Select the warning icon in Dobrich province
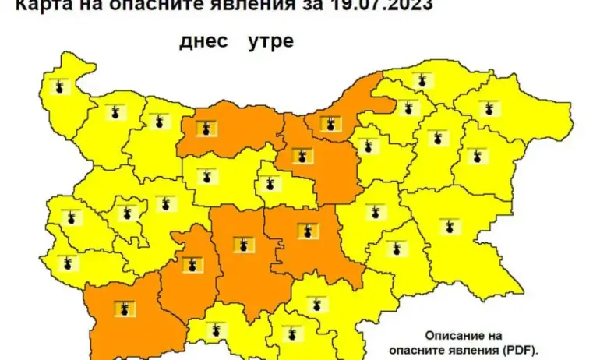[489, 108]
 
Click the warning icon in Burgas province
[450, 227]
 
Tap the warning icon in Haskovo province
[316, 302]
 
